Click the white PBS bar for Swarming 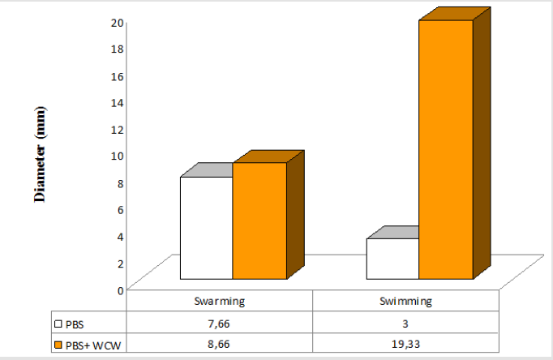click(206, 228)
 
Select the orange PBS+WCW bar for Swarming click(259, 221)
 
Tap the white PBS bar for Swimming click(392, 259)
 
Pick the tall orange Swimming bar click(445, 149)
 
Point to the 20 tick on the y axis click(118, 22)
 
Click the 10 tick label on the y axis click(118, 155)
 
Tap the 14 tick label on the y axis click(118, 102)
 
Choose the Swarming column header click(221, 301)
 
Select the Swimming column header click(405, 301)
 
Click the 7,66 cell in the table click(221, 322)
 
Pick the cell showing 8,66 click(221, 344)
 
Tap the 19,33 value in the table click(405, 344)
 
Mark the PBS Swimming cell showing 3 click(405, 322)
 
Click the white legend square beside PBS click(58, 323)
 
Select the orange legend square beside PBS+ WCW click(58, 345)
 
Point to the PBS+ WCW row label click(91, 345)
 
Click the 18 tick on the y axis click(118, 49)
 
